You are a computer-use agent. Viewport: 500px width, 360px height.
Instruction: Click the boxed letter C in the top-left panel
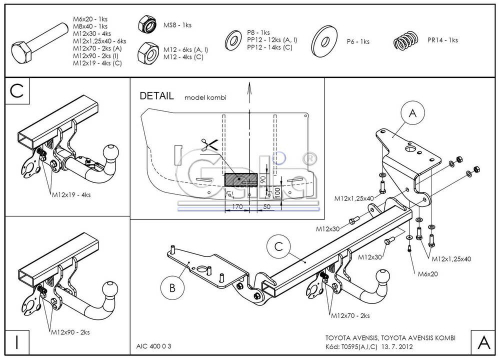(x=18, y=92)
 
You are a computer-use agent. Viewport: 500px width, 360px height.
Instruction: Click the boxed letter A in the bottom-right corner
(x=483, y=339)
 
